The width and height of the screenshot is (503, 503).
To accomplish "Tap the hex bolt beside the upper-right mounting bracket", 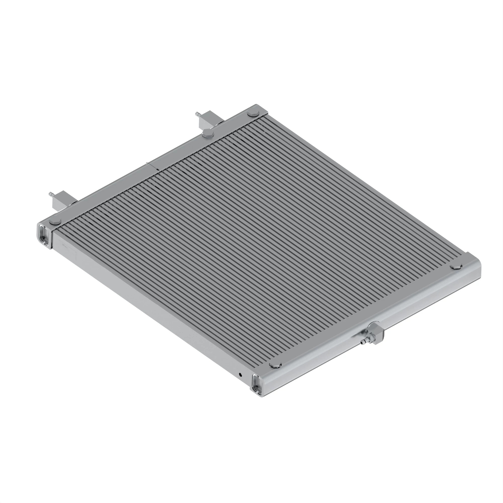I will pyautogui.click(x=208, y=135).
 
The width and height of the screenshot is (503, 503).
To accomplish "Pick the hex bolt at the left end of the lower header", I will pyautogui.click(x=275, y=365).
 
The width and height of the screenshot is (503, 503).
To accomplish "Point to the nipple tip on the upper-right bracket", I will pyautogui.click(x=196, y=113).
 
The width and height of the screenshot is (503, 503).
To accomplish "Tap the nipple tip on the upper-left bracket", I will pyautogui.click(x=50, y=193).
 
